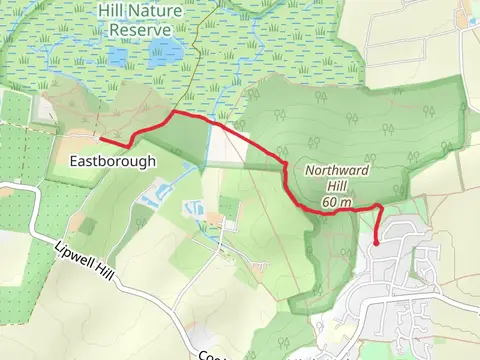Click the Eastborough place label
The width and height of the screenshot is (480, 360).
(x=113, y=160)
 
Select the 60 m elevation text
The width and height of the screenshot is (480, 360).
(x=337, y=203)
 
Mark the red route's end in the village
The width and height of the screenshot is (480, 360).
(x=376, y=242)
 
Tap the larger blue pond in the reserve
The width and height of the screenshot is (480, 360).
(x=167, y=51)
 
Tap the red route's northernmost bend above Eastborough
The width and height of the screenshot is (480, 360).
(x=174, y=113)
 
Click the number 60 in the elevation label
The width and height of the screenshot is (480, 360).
(x=329, y=203)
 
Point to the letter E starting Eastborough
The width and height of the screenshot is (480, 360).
(x=74, y=160)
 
